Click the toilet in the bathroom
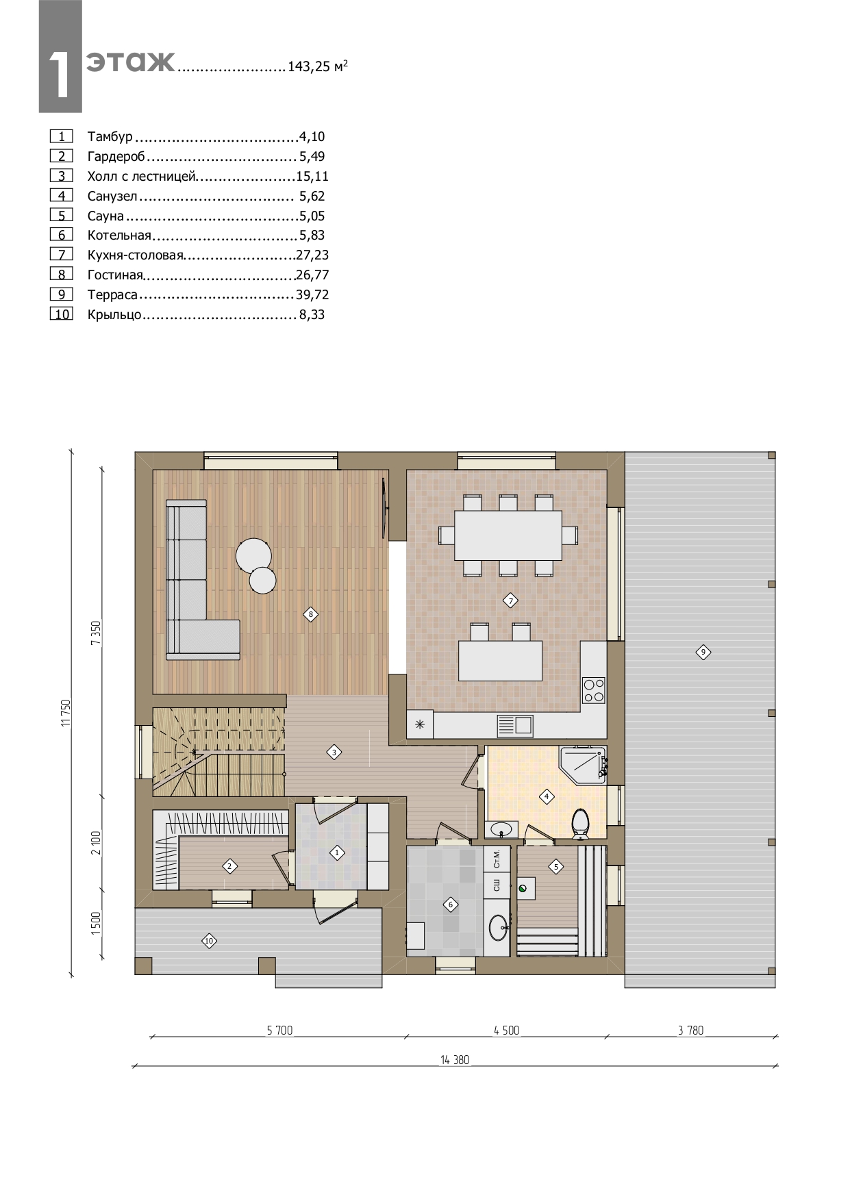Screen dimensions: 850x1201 pyautogui.click(x=580, y=824)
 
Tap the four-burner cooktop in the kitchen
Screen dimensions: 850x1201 pyautogui.click(x=593, y=690)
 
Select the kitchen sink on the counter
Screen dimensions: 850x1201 pyautogui.click(x=515, y=725)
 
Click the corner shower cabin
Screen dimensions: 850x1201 pyautogui.click(x=583, y=765)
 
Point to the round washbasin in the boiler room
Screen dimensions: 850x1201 pyautogui.click(x=499, y=928)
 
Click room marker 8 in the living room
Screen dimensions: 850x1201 pyautogui.click(x=311, y=614)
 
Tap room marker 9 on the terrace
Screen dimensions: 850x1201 pyautogui.click(x=703, y=652)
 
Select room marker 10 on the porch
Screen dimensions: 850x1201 pyautogui.click(x=210, y=941)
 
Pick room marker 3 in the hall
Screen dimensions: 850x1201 pyautogui.click(x=334, y=753)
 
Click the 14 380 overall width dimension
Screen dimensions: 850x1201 pyautogui.click(x=455, y=1060)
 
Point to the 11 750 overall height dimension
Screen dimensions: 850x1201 pyautogui.click(x=66, y=712)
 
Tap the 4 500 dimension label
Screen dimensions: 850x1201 pyautogui.click(x=506, y=1030)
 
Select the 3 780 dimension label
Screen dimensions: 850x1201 pyautogui.click(x=690, y=1030)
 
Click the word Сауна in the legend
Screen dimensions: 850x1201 pyautogui.click(x=105, y=216)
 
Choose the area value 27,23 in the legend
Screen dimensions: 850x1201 pyautogui.click(x=312, y=255)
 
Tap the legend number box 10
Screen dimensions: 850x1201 pyautogui.click(x=62, y=315)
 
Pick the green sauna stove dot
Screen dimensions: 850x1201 pyautogui.click(x=523, y=888)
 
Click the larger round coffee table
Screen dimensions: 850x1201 pyautogui.click(x=253, y=555)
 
